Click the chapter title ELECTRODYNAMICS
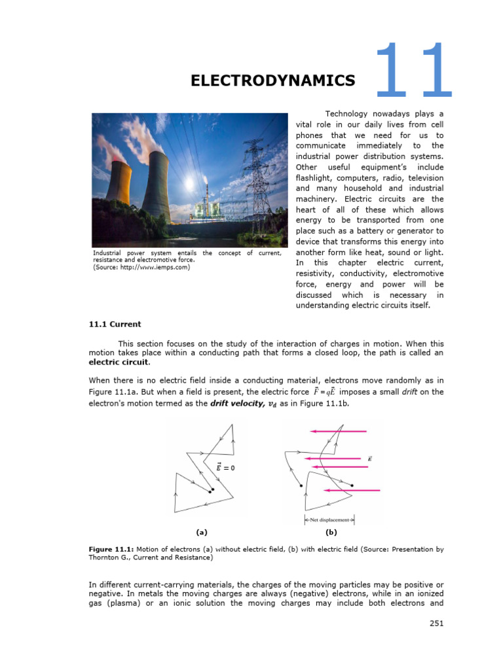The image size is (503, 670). (x=272, y=80)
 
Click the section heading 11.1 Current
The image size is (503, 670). (x=115, y=324)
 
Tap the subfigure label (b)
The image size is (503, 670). (x=331, y=533)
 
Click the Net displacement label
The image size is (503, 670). (x=329, y=520)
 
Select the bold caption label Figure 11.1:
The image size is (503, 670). (x=112, y=550)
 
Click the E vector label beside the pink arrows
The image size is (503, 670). (x=371, y=459)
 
